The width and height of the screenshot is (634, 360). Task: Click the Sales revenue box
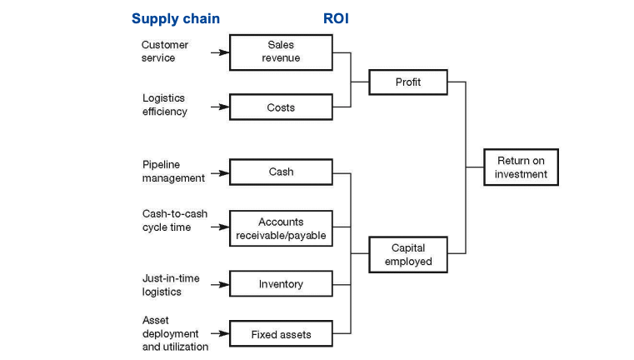[281, 52]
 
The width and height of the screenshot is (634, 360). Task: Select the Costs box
[281, 107]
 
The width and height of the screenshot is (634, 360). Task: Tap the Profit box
[408, 82]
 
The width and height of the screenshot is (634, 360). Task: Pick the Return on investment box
[521, 167]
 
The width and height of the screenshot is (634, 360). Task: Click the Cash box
[281, 172]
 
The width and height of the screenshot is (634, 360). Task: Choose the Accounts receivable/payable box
[281, 228]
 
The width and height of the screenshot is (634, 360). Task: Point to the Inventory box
[281, 284]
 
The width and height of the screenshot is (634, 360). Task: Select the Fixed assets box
[281, 334]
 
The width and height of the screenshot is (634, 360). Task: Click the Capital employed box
[408, 255]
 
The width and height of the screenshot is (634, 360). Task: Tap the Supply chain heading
[176, 18]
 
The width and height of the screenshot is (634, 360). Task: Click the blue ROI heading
[335, 18]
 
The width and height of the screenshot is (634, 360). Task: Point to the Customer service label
[165, 52]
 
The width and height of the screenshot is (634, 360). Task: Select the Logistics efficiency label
[165, 105]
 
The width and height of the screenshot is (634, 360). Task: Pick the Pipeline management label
[172, 172]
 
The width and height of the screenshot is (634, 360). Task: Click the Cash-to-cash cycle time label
[174, 221]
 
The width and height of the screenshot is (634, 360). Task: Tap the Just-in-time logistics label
[171, 285]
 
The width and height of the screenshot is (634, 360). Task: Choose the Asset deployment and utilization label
[175, 333]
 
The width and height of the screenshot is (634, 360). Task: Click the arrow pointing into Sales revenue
[219, 52]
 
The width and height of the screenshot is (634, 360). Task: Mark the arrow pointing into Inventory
[219, 284]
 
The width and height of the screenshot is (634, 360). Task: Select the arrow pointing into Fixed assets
[219, 334]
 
